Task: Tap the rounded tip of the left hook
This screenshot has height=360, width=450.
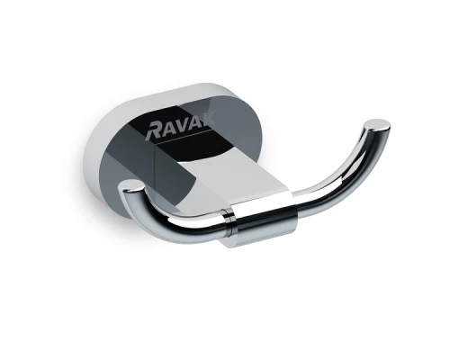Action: pos(131,187)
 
